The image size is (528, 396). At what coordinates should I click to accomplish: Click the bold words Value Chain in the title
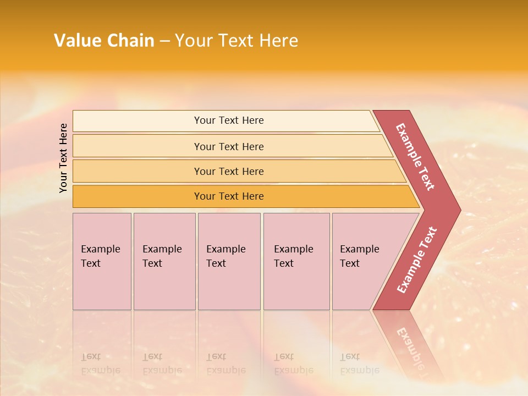tap(104, 41)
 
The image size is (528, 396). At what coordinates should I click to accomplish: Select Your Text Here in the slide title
tap(237, 41)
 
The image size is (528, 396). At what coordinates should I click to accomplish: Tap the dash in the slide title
tap(164, 41)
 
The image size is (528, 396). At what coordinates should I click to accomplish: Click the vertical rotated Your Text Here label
tap(64, 158)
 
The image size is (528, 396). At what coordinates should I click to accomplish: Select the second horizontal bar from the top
tap(228, 146)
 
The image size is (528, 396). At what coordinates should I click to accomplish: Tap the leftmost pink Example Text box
tap(102, 261)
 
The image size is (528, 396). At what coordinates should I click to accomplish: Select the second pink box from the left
tap(164, 261)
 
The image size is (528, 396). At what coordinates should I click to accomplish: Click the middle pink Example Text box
tap(229, 261)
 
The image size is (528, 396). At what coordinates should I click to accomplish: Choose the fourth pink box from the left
tap(296, 261)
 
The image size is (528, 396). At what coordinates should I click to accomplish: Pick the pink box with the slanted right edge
tap(363, 261)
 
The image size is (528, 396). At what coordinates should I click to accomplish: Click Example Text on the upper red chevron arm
tap(415, 157)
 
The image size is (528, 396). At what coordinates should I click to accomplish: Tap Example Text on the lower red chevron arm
tap(417, 260)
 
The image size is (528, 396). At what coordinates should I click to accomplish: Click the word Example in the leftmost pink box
tap(100, 249)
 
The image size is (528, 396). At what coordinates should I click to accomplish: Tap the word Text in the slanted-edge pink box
tap(350, 263)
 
